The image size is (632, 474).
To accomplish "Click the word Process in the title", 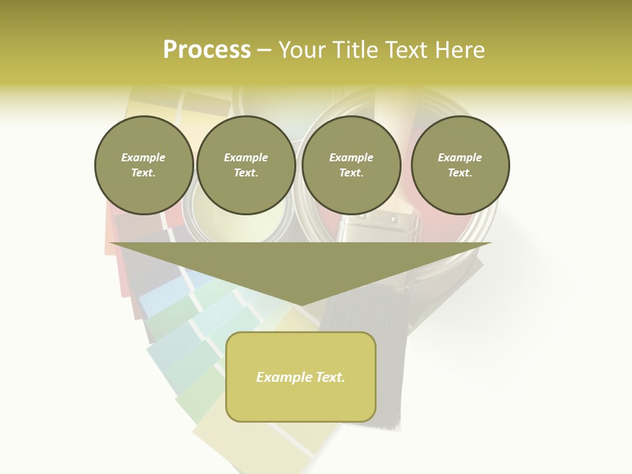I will pos(207,50).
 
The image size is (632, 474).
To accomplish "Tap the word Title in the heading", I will pos(355,50).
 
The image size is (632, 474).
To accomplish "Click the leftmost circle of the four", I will pos(144,165).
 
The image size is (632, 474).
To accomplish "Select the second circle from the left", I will pos(246,165).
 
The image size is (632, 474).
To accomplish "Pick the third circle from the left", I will pos(351,165).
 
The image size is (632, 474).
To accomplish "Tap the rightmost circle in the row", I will pos(460,165).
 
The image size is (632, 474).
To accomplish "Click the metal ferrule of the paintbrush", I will pos(379,230).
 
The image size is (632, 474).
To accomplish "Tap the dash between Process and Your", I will pos(264,50).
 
